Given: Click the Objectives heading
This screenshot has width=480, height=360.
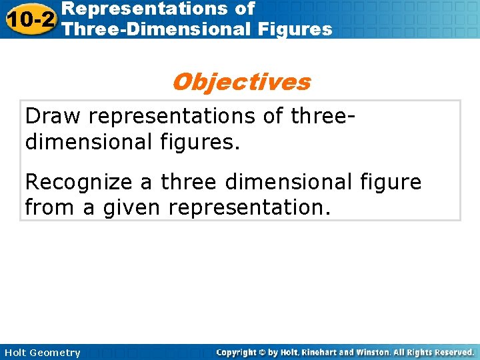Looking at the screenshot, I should click(241, 82).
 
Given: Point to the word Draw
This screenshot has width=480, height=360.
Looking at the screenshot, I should click(53, 116).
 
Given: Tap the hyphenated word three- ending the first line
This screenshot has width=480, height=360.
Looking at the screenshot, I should click(322, 116).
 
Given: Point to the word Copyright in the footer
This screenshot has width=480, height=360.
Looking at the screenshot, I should click(238, 353).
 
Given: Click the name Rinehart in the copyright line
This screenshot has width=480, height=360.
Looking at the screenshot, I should click(325, 353).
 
